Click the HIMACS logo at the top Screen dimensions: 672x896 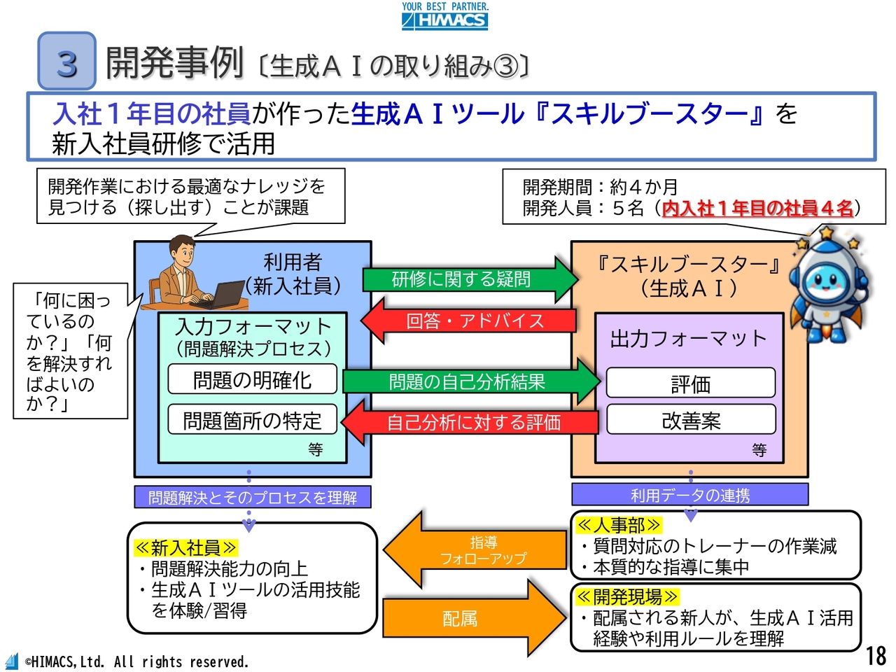click(x=445, y=16)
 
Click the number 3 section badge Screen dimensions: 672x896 click(x=66, y=62)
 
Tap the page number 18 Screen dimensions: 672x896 click(x=876, y=655)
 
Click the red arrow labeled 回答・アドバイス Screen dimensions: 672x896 click(x=469, y=321)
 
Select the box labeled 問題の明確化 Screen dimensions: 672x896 click(x=252, y=379)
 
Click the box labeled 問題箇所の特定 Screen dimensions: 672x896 click(x=252, y=420)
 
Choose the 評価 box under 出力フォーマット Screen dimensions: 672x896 click(x=690, y=383)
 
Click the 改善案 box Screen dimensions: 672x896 click(x=690, y=420)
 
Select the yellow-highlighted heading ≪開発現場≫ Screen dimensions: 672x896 click(x=627, y=596)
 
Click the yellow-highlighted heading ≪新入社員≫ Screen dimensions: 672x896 click(x=185, y=547)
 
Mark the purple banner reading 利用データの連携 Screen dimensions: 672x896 click(x=689, y=495)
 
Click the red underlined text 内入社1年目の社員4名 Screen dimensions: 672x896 click(x=757, y=208)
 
